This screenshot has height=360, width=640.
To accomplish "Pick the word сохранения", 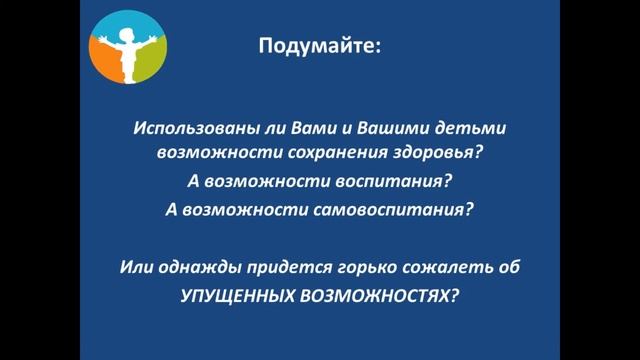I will pyautogui.click(x=321, y=156).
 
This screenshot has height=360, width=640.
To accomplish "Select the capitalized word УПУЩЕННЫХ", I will pyautogui.click(x=233, y=296).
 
